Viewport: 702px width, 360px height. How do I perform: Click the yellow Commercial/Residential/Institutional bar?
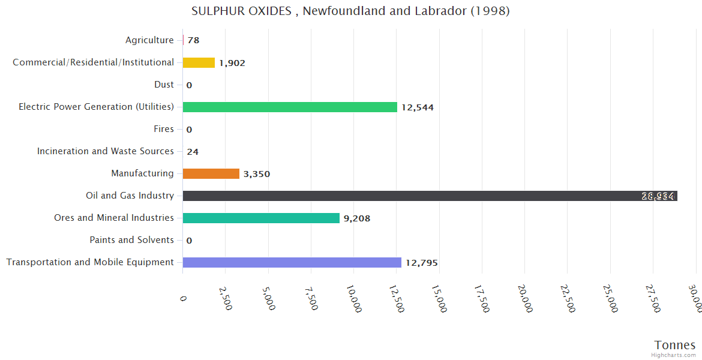point(199,62)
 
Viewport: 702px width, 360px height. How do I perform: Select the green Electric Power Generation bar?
point(290,107)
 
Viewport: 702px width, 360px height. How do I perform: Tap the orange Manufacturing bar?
point(211,173)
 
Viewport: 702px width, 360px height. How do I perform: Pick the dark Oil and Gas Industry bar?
point(430,196)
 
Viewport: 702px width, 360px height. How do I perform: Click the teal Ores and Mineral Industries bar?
point(261,218)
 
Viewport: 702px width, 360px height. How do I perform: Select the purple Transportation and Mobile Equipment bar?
point(292,262)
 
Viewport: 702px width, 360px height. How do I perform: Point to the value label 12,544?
point(418,107)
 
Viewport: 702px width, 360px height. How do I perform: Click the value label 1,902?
point(232,63)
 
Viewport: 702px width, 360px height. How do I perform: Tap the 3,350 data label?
point(257,174)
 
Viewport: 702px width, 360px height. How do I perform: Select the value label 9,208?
point(357,218)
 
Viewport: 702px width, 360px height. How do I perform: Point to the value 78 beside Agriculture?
point(193,41)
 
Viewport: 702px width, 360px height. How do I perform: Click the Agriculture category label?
point(149,40)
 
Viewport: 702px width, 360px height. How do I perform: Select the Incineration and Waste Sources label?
point(106,151)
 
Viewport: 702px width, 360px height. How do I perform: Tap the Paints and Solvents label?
point(131,240)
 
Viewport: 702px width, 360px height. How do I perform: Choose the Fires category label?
point(164,129)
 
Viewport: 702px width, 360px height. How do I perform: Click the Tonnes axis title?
point(674,345)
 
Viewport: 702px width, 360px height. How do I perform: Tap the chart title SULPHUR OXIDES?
point(350,11)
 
